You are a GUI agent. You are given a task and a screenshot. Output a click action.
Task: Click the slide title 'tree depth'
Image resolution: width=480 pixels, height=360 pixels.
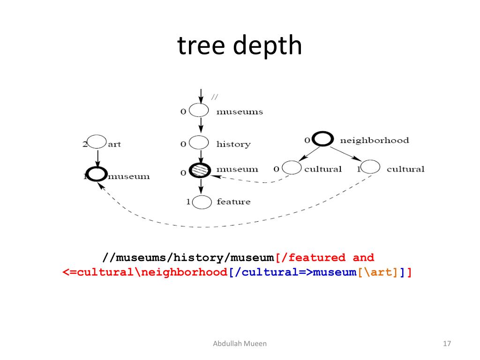[240, 46]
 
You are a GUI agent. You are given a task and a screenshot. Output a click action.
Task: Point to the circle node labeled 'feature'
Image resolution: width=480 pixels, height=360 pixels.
[202, 202]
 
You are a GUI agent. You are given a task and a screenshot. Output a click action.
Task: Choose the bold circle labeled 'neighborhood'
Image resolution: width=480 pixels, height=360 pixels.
[323, 139]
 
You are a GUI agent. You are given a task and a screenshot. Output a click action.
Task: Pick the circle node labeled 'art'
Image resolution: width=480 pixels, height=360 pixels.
[97, 142]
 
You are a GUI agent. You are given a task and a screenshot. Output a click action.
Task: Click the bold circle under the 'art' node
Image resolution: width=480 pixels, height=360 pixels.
[97, 174]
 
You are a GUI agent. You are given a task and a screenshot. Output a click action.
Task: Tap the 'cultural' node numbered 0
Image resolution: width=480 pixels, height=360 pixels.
[292, 168]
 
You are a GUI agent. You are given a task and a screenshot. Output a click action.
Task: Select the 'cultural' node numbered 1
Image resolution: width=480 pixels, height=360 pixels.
[370, 167]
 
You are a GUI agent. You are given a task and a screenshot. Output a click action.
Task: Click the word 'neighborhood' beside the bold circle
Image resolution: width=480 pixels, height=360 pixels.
[374, 140]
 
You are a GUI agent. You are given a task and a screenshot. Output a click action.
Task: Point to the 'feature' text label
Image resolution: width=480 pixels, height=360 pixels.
[233, 202]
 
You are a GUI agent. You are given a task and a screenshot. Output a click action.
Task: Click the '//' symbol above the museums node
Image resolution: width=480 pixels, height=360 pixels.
[215, 97]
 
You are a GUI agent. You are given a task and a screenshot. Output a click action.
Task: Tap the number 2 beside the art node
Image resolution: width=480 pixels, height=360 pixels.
[85, 144]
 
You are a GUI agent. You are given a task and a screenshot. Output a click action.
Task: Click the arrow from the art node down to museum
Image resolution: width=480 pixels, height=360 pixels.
[97, 157]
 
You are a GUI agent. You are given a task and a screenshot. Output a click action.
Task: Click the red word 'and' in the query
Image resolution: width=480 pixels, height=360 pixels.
[363, 257]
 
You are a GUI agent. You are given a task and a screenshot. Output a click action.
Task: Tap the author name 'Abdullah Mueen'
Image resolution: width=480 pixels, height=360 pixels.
[240, 344]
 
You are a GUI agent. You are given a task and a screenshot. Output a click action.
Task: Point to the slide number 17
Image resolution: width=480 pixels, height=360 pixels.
[446, 344]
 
